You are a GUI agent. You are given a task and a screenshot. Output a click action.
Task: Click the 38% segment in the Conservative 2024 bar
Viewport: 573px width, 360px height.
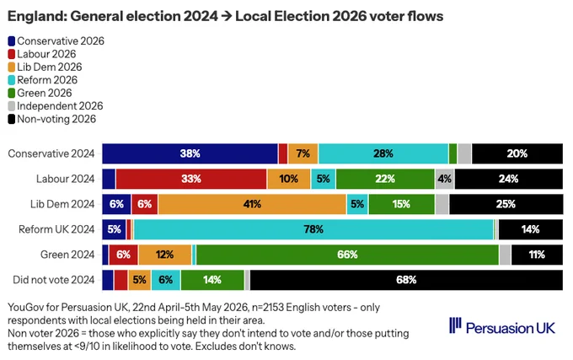click(x=190, y=153)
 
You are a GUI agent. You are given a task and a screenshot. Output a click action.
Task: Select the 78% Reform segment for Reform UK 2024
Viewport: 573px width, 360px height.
click(x=313, y=229)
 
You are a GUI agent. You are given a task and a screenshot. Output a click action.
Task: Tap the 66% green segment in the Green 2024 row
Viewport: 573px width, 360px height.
click(x=347, y=255)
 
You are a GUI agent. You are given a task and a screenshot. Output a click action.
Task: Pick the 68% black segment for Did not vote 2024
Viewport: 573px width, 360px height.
click(x=406, y=280)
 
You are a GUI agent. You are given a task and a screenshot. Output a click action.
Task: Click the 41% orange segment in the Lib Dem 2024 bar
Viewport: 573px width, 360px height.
click(x=252, y=204)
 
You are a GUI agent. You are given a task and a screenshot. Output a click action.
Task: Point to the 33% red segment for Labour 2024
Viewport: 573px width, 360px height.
click(x=191, y=179)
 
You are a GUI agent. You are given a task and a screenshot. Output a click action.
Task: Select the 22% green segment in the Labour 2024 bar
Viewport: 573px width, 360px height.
click(x=385, y=179)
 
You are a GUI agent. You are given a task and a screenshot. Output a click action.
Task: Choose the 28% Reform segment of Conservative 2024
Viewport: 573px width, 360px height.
click(x=383, y=153)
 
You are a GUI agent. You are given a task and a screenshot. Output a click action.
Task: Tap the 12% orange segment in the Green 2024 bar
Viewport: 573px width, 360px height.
click(x=165, y=255)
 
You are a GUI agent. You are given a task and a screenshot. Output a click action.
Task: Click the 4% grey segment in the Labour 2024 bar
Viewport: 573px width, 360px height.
click(x=445, y=179)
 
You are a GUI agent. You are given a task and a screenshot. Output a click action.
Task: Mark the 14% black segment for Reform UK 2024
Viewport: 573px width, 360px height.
click(x=531, y=229)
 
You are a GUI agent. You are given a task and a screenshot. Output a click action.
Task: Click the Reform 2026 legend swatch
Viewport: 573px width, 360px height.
click(x=12, y=80)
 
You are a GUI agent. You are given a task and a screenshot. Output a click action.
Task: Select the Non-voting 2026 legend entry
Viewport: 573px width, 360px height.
click(x=52, y=119)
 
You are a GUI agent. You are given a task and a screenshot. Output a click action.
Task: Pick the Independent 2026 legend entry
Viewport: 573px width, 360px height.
click(x=56, y=106)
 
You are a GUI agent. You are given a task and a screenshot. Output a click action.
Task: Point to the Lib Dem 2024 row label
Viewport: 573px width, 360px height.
click(x=62, y=204)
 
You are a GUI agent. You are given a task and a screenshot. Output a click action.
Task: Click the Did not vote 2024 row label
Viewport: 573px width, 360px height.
click(x=54, y=280)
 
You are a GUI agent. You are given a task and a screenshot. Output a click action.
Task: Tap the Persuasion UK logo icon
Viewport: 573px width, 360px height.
click(x=455, y=325)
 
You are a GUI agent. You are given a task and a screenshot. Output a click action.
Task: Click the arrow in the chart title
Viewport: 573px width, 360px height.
click(x=227, y=17)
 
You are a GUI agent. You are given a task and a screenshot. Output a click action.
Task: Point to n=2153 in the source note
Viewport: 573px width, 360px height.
click(x=268, y=308)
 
